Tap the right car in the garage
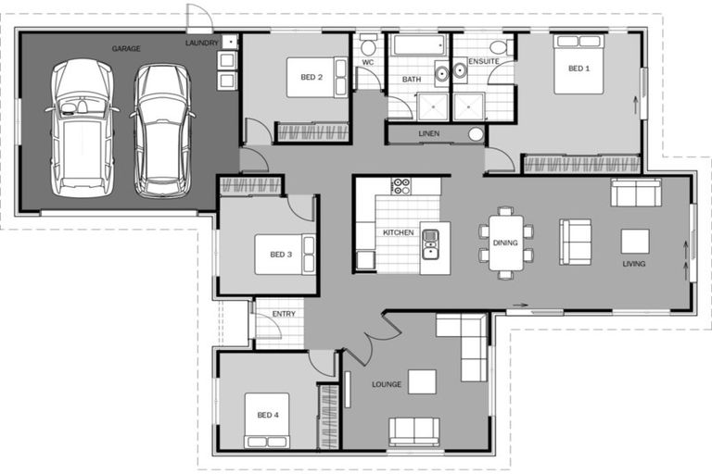pyautogui.click(x=161, y=130)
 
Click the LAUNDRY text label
pyautogui.click(x=202, y=43)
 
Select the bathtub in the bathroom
pyautogui.click(x=418, y=45)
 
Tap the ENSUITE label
pyautogui.click(x=483, y=61)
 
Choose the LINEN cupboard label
pyautogui.click(x=429, y=134)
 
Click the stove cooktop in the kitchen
pyautogui.click(x=400, y=186)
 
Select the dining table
pyautogui.click(x=506, y=243)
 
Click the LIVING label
pyautogui.click(x=633, y=264)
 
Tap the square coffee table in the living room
pyautogui.click(x=635, y=241)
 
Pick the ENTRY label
pyautogui.click(x=284, y=314)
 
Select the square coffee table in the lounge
pyautogui.click(x=422, y=381)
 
